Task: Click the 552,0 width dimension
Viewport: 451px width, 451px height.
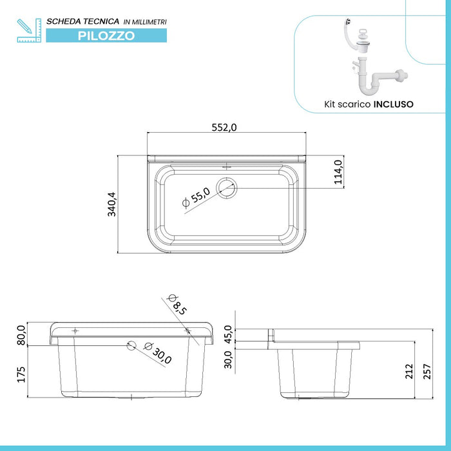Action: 225,127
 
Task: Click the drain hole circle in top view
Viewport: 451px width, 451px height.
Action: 226,187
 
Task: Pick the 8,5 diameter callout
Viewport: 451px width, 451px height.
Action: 176,303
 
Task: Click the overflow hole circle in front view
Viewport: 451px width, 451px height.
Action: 131,345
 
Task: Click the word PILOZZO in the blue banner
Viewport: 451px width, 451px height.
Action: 106,36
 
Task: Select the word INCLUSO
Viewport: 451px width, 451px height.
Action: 394,103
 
